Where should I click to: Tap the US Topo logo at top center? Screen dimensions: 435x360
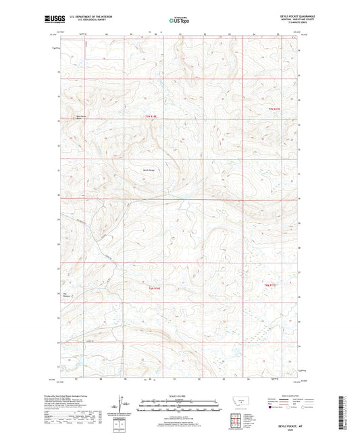tap(178, 20)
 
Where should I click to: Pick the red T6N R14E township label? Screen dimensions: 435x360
tap(155, 288)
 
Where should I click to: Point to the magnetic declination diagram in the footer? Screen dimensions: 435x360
tap(124, 405)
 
